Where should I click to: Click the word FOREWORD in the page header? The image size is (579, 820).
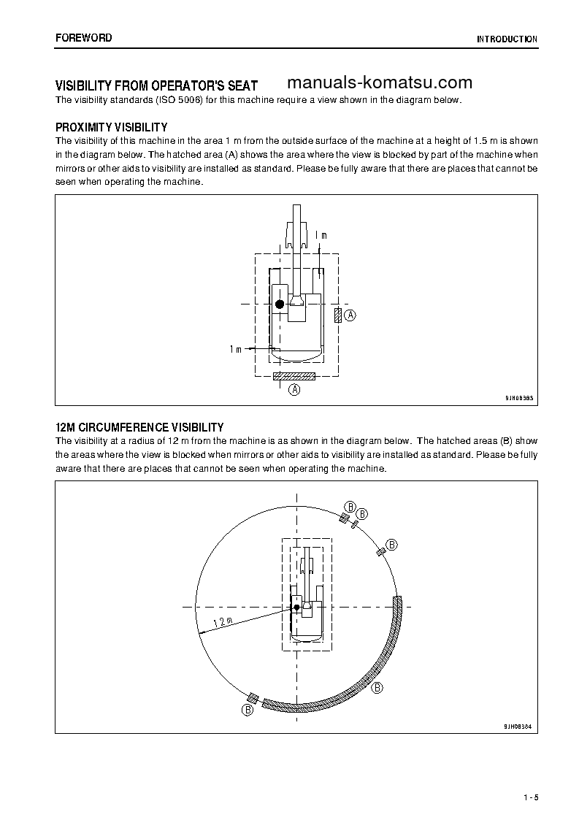coord(84,37)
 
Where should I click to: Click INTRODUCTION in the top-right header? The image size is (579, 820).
coord(507,39)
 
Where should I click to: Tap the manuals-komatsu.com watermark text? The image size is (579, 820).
coord(380,83)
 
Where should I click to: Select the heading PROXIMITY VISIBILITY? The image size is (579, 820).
coord(112,127)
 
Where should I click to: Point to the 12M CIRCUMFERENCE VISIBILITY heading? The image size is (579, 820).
coord(139,427)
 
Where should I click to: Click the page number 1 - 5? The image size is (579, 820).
coord(531,797)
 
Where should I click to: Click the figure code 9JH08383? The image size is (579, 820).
coord(518,399)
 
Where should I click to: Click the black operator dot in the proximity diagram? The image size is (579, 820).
coord(279,304)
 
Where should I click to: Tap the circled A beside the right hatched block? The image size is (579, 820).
coord(350,315)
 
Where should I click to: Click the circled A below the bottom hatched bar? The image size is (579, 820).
coord(295,390)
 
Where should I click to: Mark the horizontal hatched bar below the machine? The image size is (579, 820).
coord(294,377)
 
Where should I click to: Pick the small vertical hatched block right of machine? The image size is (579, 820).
coord(337,315)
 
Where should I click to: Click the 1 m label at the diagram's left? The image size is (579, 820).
coord(235,350)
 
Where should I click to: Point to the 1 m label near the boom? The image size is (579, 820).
coord(321,235)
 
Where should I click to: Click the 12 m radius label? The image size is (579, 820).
coord(222,622)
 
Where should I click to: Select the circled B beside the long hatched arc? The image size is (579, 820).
coord(377,688)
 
